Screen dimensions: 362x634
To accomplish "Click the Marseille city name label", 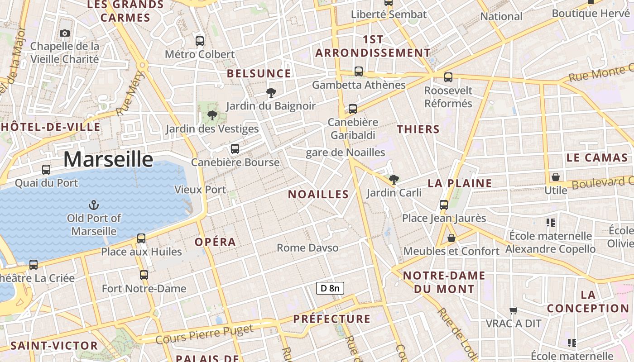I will click(108, 159).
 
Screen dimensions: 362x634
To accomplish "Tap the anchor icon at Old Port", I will click(94, 205).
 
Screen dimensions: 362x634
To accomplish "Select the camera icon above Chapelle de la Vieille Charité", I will click(65, 33).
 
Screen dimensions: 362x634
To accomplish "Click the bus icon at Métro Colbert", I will click(200, 41).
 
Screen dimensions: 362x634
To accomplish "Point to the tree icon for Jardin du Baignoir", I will click(271, 93).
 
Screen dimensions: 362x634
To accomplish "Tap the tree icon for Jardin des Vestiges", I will click(212, 116).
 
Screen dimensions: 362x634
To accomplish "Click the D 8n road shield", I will click(330, 288).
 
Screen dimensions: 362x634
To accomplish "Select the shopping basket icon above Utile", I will click(555, 177).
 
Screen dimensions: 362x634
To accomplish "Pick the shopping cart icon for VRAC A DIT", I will click(513, 310).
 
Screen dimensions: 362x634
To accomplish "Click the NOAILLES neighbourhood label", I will click(318, 195).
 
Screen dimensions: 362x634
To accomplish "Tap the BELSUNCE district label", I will click(259, 73).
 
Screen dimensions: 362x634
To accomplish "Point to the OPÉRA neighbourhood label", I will click(215, 242).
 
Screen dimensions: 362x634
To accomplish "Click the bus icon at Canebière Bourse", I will click(235, 149).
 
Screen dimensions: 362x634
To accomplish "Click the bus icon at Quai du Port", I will click(46, 170).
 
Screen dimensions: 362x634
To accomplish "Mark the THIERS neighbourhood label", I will click(418, 129).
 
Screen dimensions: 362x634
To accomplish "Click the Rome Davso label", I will click(307, 248).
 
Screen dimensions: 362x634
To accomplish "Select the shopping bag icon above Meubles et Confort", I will click(451, 238).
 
